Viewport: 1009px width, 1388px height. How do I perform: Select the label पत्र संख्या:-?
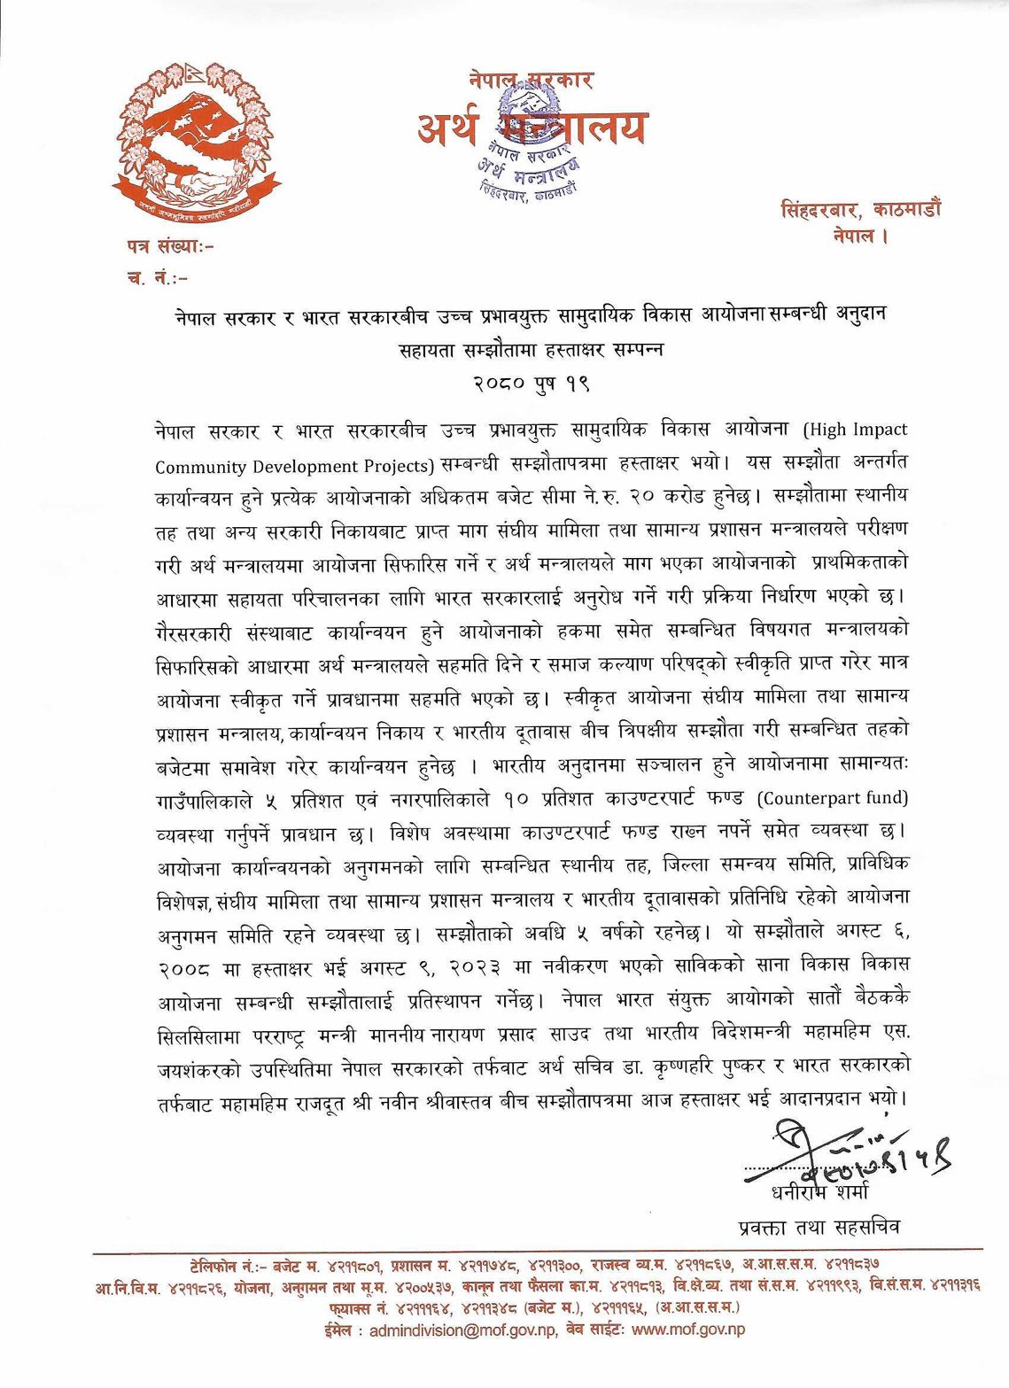[170, 245]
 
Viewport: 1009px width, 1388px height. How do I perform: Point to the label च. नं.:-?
[158, 277]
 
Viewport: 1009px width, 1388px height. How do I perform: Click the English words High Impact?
[856, 430]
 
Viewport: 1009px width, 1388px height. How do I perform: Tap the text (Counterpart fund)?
[833, 797]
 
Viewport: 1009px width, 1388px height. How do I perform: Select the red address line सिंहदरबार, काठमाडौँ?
[861, 211]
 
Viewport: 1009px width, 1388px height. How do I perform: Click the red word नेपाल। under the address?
[859, 237]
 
